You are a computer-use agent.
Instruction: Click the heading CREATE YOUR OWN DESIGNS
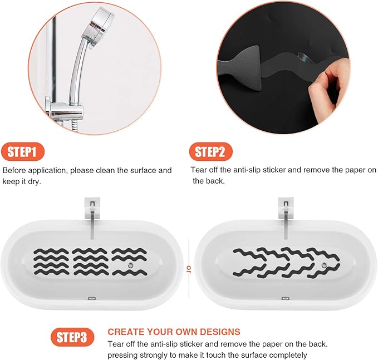click(174, 332)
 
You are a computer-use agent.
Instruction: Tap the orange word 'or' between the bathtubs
click(188, 269)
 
